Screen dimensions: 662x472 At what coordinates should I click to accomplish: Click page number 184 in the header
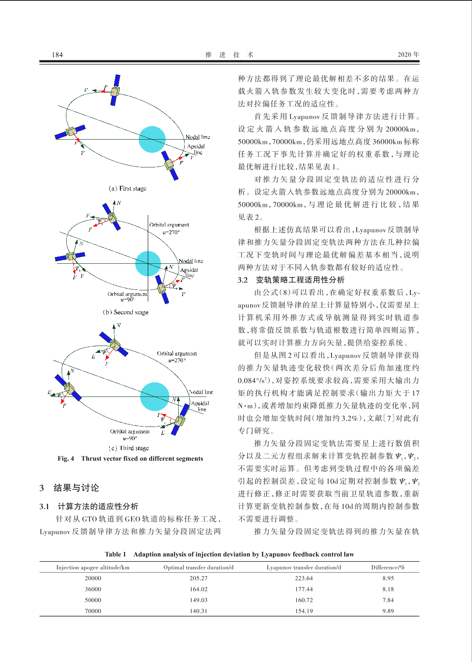[57, 54]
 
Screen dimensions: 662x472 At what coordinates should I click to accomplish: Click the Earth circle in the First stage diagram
[152, 139]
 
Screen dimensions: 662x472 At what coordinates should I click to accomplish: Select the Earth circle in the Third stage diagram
[155, 397]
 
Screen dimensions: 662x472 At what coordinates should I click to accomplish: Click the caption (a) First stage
[128, 188]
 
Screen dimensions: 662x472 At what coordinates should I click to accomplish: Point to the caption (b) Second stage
[125, 312]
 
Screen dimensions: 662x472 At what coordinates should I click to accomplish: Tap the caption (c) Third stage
[128, 448]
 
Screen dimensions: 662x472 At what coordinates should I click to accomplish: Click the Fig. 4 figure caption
[130, 459]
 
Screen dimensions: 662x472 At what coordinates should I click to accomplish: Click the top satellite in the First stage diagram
[115, 90]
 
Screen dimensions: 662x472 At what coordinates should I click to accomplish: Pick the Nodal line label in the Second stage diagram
[191, 261]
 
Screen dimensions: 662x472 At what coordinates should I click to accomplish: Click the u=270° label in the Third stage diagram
[177, 360]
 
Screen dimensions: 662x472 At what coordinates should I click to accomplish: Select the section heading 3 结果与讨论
[69, 488]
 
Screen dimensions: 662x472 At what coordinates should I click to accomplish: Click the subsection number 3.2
[243, 280]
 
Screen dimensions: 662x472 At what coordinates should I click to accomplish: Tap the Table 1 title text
[229, 554]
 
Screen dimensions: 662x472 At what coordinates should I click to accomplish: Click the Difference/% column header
[388, 567]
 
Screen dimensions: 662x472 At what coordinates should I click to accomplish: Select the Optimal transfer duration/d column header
[198, 567]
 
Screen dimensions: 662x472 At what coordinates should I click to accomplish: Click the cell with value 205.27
[198, 578]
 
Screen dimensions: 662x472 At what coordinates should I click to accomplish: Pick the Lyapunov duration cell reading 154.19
[304, 611]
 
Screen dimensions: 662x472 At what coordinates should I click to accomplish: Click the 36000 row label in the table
[93, 589]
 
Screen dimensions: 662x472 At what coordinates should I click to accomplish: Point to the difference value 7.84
[388, 600]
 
